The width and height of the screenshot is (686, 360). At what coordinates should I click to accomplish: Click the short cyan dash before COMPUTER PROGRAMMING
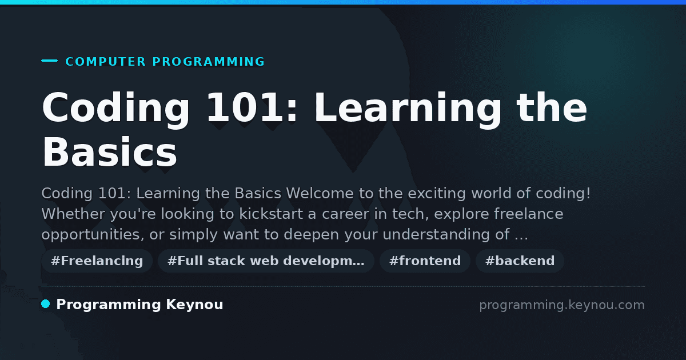49,61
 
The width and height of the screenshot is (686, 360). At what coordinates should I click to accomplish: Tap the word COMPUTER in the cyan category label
106,62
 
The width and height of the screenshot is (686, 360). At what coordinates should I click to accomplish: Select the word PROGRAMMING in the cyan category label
209,62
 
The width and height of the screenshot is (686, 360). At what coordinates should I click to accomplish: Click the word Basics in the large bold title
110,152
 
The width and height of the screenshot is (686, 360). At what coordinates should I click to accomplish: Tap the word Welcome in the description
320,193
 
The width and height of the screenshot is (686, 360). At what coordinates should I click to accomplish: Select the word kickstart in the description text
271,214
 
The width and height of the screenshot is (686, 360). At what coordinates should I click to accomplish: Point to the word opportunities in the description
93,235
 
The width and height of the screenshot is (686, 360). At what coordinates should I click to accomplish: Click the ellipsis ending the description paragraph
521,238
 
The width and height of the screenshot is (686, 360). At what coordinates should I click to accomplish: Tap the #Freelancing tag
97,261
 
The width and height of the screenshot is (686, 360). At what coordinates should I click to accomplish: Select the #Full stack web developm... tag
266,261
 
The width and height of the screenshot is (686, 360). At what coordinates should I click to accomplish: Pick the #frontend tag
425,261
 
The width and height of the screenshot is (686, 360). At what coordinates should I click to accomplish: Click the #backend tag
520,261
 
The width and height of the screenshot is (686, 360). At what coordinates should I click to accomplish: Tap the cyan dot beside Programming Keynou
46,304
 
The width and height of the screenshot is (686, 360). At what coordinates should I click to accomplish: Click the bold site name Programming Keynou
139,305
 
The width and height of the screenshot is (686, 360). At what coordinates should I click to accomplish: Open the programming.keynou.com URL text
562,305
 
